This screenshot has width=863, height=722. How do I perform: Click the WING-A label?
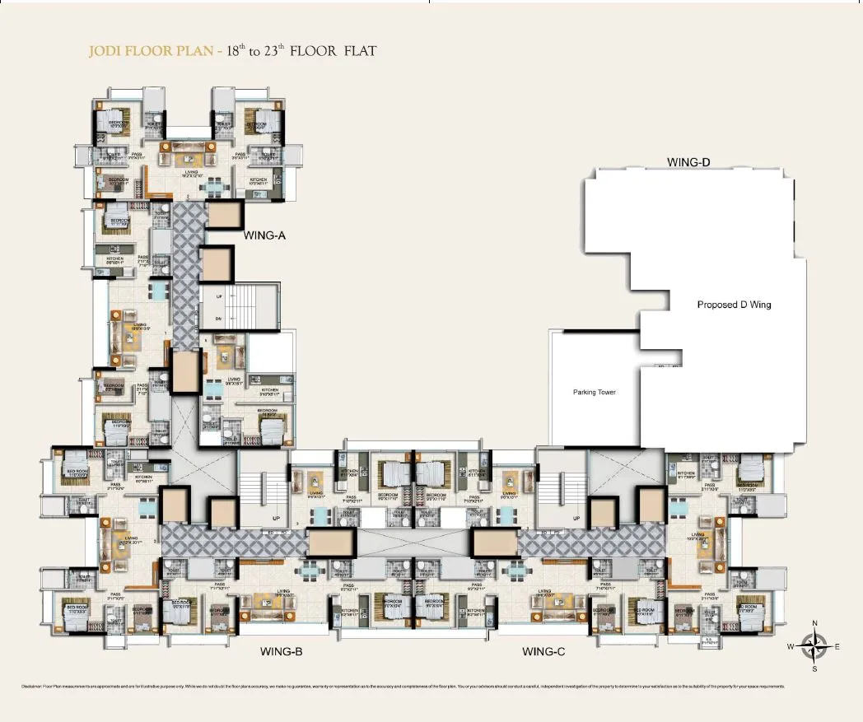coord(264,235)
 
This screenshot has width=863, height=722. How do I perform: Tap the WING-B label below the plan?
coord(282,652)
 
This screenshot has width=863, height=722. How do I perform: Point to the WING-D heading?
coord(688,163)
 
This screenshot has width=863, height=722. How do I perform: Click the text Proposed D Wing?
coord(734,305)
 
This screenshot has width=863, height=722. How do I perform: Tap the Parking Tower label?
coord(595,392)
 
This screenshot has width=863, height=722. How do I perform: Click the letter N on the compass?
coord(814,623)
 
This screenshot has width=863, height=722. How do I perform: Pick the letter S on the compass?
coord(814,668)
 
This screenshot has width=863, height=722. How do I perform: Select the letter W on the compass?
coord(791,647)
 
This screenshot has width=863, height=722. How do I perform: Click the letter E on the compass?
coord(837,647)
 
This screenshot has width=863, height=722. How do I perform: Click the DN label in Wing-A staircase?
coord(219,318)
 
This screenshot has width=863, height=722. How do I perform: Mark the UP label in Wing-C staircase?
coord(576,519)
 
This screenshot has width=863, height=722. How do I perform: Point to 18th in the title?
coord(256,51)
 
